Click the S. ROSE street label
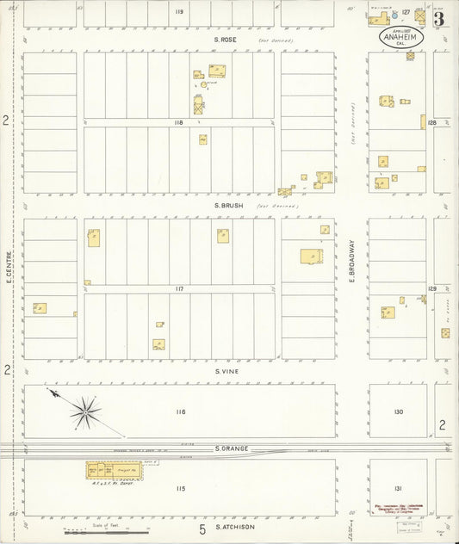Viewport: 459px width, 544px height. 226,40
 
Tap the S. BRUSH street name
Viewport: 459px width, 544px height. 226,207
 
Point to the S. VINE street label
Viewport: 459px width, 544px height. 226,371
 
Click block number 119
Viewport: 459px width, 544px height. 179,12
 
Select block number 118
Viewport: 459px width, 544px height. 179,123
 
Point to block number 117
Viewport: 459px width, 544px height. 179,288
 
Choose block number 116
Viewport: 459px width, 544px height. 179,412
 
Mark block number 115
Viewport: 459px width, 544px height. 179,489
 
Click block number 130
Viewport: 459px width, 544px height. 398,412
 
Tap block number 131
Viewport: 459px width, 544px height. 398,488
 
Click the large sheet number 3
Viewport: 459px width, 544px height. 439,18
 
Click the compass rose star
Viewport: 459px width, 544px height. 84,411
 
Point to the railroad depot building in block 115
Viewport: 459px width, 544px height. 112,471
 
